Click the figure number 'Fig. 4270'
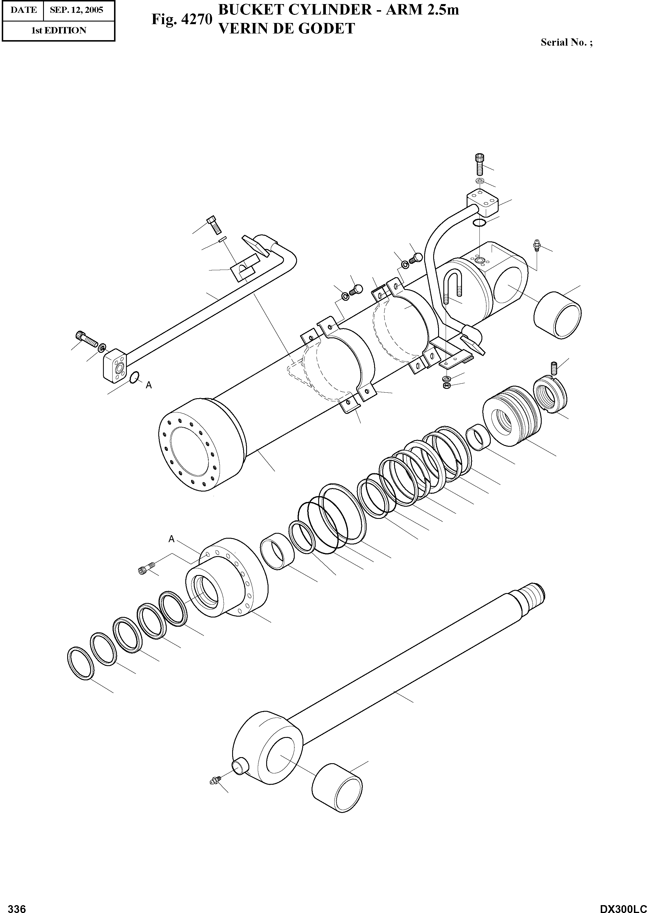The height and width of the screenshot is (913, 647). click(182, 19)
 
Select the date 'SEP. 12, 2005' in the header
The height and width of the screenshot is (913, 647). click(77, 10)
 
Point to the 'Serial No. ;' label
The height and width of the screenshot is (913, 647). click(566, 43)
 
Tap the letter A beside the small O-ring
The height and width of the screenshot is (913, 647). click(149, 385)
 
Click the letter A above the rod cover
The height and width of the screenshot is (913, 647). click(171, 539)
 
